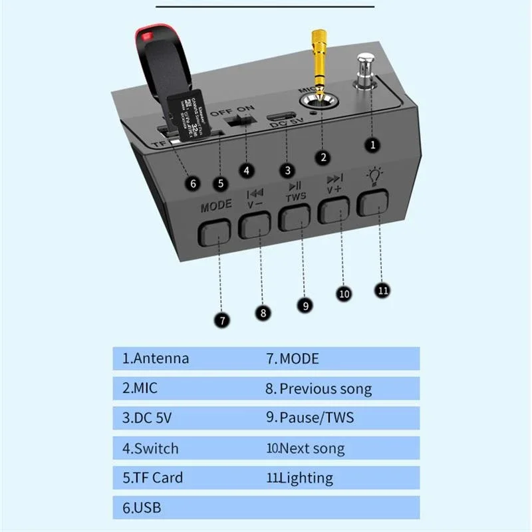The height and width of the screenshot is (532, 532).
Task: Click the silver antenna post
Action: (x=364, y=72)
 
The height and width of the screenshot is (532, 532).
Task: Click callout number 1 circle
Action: (x=373, y=144)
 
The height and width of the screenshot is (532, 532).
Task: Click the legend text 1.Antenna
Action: (x=156, y=358)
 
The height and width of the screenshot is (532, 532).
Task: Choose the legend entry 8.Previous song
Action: (x=319, y=388)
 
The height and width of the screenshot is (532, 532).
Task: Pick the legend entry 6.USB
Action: (x=142, y=508)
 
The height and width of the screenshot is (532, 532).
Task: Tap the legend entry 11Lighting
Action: (x=300, y=477)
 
